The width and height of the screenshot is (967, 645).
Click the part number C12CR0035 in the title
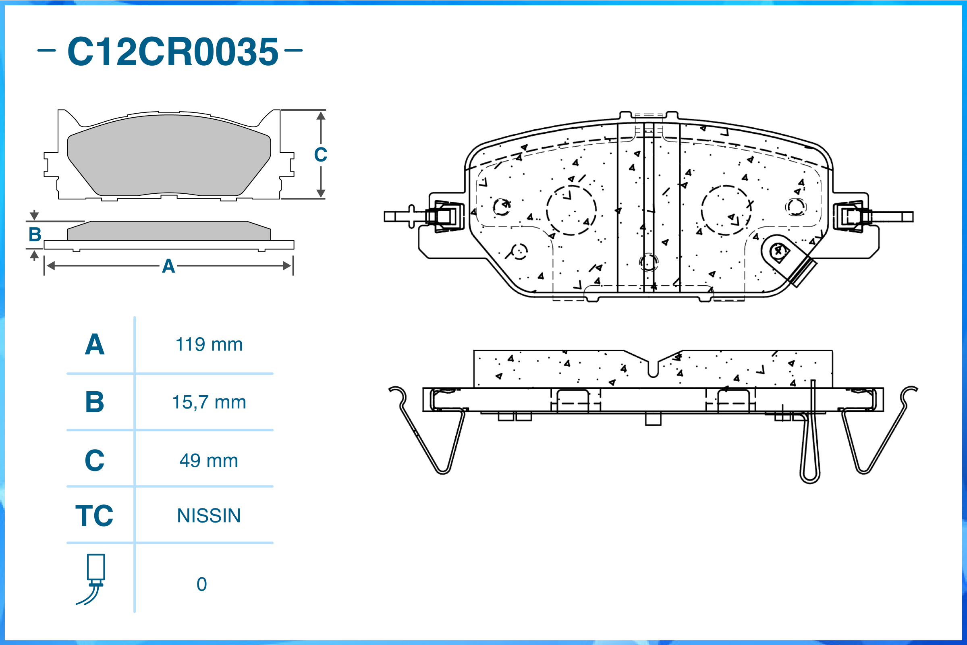(x=173, y=52)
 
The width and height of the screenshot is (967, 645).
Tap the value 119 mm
(x=209, y=345)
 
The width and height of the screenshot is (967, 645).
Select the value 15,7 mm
(x=209, y=402)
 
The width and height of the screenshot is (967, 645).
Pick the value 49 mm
(x=209, y=461)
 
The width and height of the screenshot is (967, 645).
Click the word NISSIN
(x=209, y=516)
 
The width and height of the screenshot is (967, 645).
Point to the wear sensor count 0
(x=201, y=585)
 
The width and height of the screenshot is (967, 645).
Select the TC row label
(x=94, y=516)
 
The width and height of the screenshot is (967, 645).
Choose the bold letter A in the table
(x=95, y=345)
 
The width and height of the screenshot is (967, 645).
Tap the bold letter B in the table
(x=95, y=402)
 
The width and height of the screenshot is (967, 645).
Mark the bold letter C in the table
(x=95, y=461)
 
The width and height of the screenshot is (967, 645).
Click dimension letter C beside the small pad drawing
(x=320, y=155)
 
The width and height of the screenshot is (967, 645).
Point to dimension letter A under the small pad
(x=168, y=266)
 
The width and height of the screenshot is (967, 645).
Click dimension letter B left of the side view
(x=35, y=234)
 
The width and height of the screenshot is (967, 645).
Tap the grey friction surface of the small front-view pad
(x=169, y=156)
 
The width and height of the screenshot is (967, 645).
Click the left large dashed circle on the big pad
(x=571, y=210)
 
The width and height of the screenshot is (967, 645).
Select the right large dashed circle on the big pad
(x=726, y=210)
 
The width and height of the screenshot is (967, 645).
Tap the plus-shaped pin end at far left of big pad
(x=411, y=216)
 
